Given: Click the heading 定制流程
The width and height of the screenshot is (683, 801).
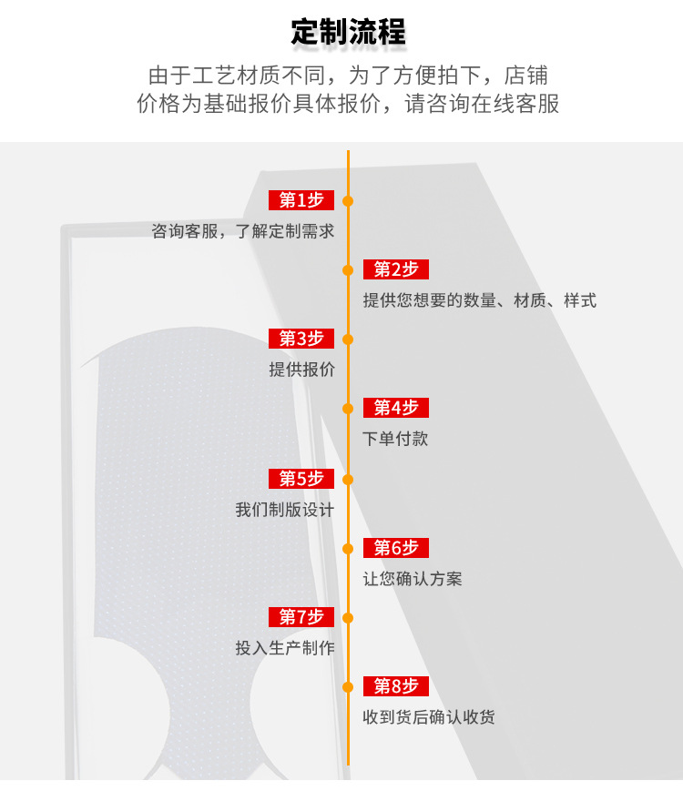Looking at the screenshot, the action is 348,32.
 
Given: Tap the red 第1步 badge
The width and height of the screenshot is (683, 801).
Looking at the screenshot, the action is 301,200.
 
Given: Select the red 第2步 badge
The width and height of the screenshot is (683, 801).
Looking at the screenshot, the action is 396,269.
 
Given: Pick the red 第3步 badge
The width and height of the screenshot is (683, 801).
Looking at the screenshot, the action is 301,339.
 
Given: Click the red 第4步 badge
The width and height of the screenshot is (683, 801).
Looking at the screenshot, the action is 396,408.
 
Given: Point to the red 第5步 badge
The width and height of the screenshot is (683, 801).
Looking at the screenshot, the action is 301,479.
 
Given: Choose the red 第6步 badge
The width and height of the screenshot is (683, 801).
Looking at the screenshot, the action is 396,548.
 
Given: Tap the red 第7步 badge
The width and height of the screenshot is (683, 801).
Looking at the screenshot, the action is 301,617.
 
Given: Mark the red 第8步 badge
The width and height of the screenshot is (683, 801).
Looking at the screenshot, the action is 396,686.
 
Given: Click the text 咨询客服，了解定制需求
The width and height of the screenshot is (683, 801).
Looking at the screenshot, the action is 243,231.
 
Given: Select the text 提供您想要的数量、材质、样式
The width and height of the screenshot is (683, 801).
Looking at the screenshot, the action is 480,300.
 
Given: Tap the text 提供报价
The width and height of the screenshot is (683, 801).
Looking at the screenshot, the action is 301,370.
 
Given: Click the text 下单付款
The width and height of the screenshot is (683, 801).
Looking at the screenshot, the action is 395,439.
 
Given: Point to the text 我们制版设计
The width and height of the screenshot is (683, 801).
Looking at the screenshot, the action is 285,510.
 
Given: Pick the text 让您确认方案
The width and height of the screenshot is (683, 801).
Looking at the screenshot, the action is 413,579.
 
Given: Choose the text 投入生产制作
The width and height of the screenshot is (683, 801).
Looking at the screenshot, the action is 285,648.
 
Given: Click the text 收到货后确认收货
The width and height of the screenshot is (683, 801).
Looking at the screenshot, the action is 429,717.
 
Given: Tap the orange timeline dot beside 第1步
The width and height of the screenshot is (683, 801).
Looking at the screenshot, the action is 348,200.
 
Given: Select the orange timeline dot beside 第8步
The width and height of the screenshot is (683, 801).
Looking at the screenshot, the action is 348,686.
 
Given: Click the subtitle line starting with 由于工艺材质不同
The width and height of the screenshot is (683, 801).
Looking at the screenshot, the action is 348,75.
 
